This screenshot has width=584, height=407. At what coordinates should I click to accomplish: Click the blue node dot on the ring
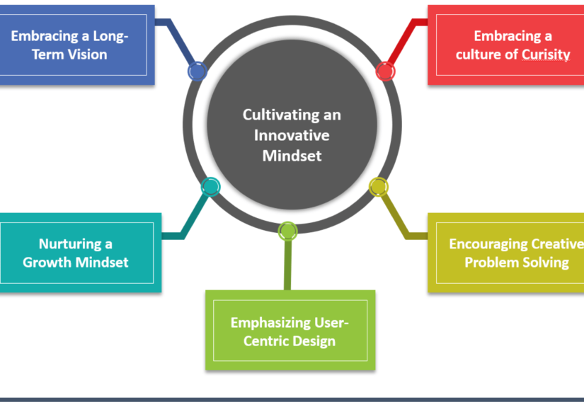(x=197, y=71)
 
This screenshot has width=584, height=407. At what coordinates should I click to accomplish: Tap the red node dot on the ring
(x=385, y=71)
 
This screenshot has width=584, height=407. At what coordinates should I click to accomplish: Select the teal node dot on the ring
(x=210, y=187)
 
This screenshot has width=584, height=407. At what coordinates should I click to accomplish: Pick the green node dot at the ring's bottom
(x=287, y=231)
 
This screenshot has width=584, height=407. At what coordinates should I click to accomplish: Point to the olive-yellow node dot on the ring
(x=379, y=187)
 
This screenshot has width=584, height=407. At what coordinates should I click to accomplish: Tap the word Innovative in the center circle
(x=292, y=134)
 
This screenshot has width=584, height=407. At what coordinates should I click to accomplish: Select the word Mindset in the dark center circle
(x=292, y=155)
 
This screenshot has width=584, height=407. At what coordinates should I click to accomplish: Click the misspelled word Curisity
(x=546, y=55)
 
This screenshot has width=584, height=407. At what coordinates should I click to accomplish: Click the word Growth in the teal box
(x=46, y=263)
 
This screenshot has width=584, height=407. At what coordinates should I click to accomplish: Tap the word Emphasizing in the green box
(x=272, y=323)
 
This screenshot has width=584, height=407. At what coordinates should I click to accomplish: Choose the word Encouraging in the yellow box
(x=493, y=244)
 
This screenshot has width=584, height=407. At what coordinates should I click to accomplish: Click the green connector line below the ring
(x=287, y=265)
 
